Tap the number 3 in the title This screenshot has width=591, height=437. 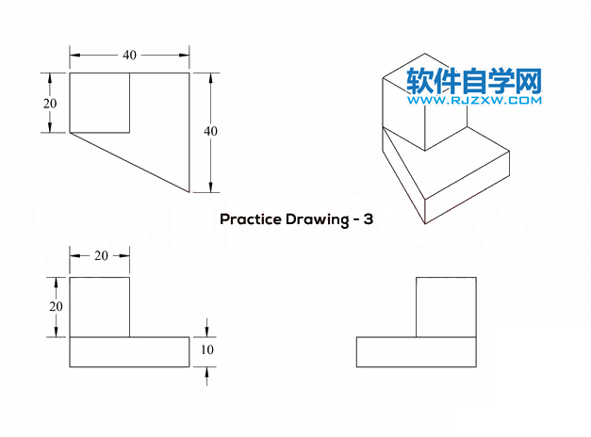pos(369,219)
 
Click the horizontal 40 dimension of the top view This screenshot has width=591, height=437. pos(129,56)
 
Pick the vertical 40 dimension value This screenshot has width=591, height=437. pos(210,132)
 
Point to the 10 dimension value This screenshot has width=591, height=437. pos(209,350)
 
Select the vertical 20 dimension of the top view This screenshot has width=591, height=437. pos(50,103)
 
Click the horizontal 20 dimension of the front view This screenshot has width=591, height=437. pos(99,256)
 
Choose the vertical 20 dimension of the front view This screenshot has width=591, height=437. pos(56,306)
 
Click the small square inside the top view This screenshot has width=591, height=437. pos(100,103)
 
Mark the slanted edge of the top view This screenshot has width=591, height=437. pos(131,163)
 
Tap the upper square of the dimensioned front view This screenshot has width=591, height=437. pos(100,307)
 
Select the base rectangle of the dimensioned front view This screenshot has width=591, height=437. pos(129,351)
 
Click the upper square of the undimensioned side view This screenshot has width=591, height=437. pos(446,307)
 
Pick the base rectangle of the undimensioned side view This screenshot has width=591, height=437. pos(416,351)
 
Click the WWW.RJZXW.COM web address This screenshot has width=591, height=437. pos(474,100)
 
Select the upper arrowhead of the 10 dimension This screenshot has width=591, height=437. pos(207,332)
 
